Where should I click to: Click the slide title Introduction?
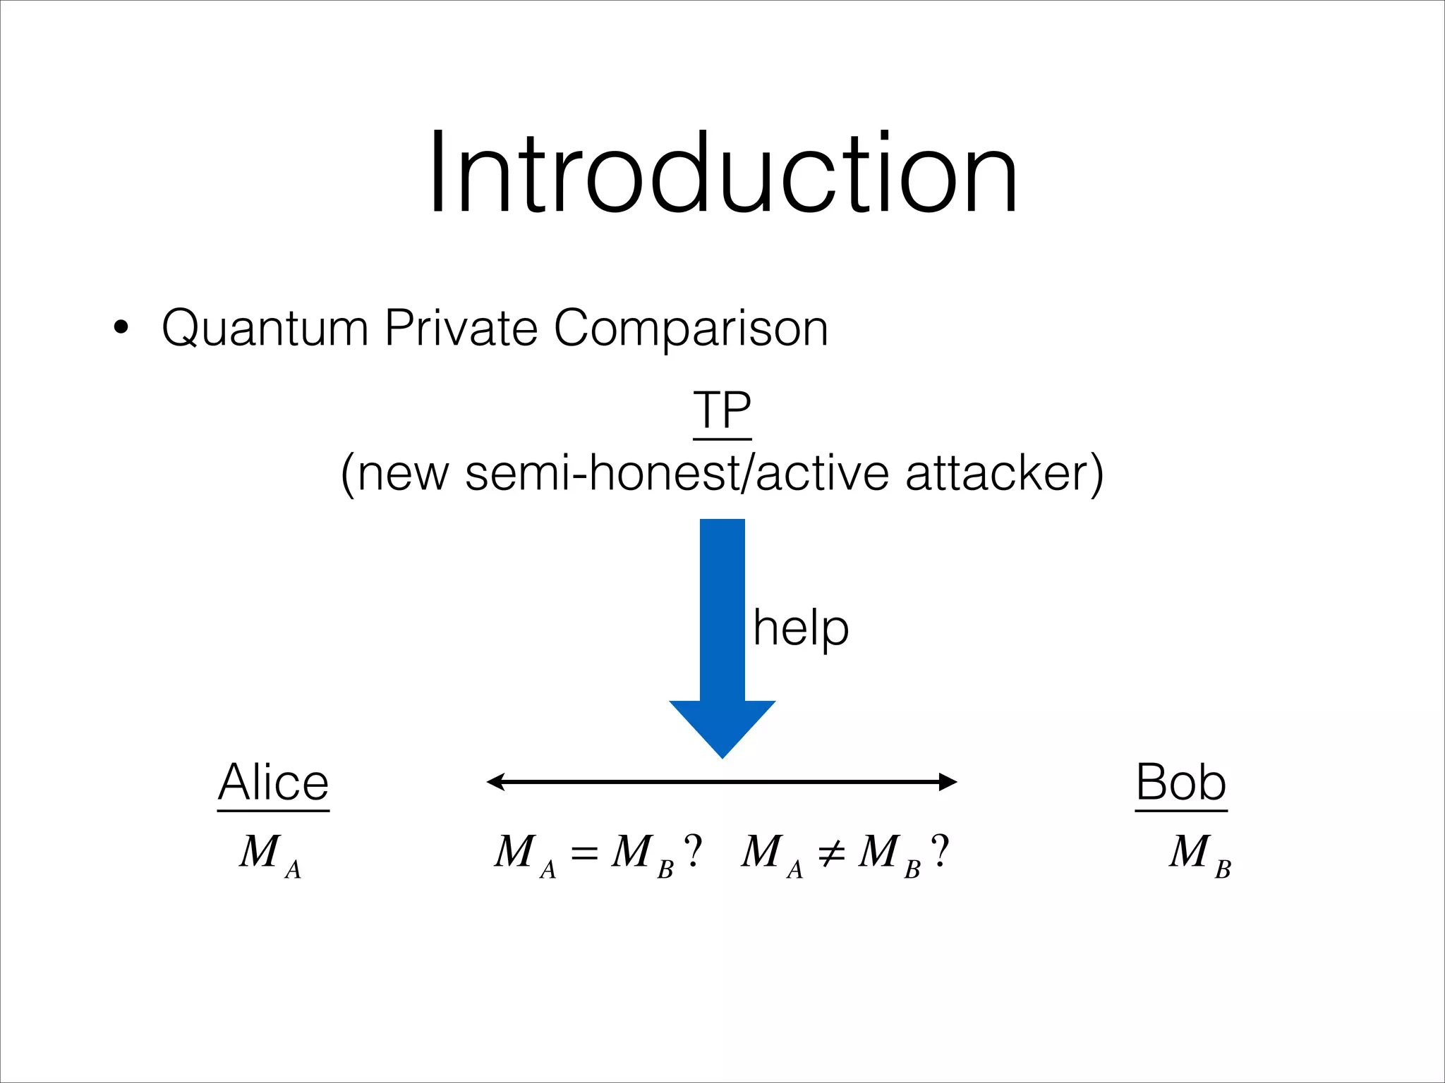pos(722,173)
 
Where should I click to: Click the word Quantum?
pos(265,329)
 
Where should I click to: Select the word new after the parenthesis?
pos(403,475)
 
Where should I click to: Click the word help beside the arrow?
pos(801,628)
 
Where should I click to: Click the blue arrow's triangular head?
pos(722,726)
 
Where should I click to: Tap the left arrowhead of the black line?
pos(497,781)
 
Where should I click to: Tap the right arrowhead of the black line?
pos(947,781)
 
